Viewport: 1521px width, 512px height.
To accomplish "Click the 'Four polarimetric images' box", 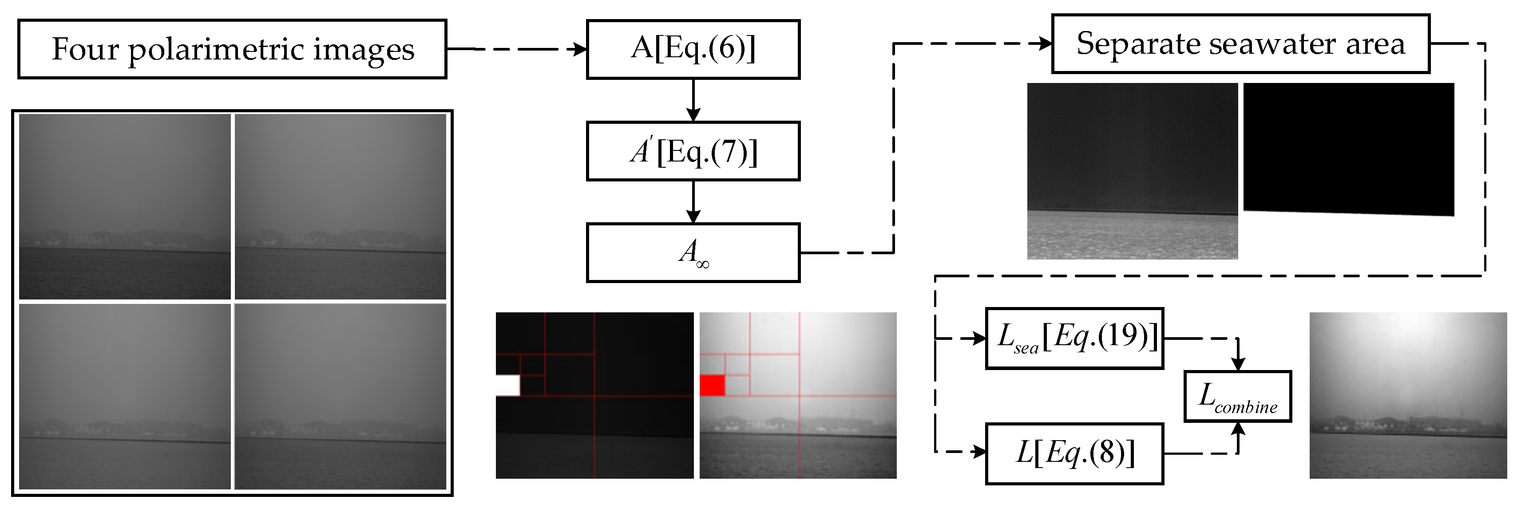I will click(x=232, y=49).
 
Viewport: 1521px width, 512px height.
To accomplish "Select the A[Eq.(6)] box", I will click(x=693, y=49).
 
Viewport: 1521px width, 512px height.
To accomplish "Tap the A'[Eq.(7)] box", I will click(x=693, y=151).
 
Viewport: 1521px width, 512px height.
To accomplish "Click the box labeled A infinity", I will click(x=693, y=252).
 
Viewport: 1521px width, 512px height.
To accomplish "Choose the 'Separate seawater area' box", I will click(x=1240, y=43).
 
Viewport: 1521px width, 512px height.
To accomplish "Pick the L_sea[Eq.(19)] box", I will click(x=1074, y=339).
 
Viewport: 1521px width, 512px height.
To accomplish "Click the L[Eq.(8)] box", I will click(x=1074, y=453).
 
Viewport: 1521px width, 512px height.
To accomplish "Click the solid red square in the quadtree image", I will click(x=712, y=385).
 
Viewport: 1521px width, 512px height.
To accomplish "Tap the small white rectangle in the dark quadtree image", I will click(x=507, y=385).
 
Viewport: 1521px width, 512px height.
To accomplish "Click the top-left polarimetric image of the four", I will click(x=125, y=206).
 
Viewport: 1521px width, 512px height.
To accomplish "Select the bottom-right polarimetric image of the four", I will click(x=340, y=396).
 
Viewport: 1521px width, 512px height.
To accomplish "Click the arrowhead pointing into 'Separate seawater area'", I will click(x=1046, y=43).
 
